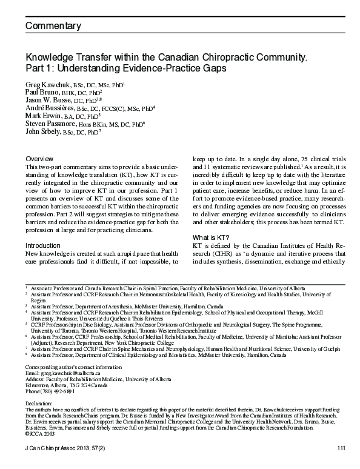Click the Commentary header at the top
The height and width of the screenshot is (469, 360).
pos(53,26)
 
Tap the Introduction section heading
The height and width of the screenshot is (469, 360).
pos(43,245)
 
